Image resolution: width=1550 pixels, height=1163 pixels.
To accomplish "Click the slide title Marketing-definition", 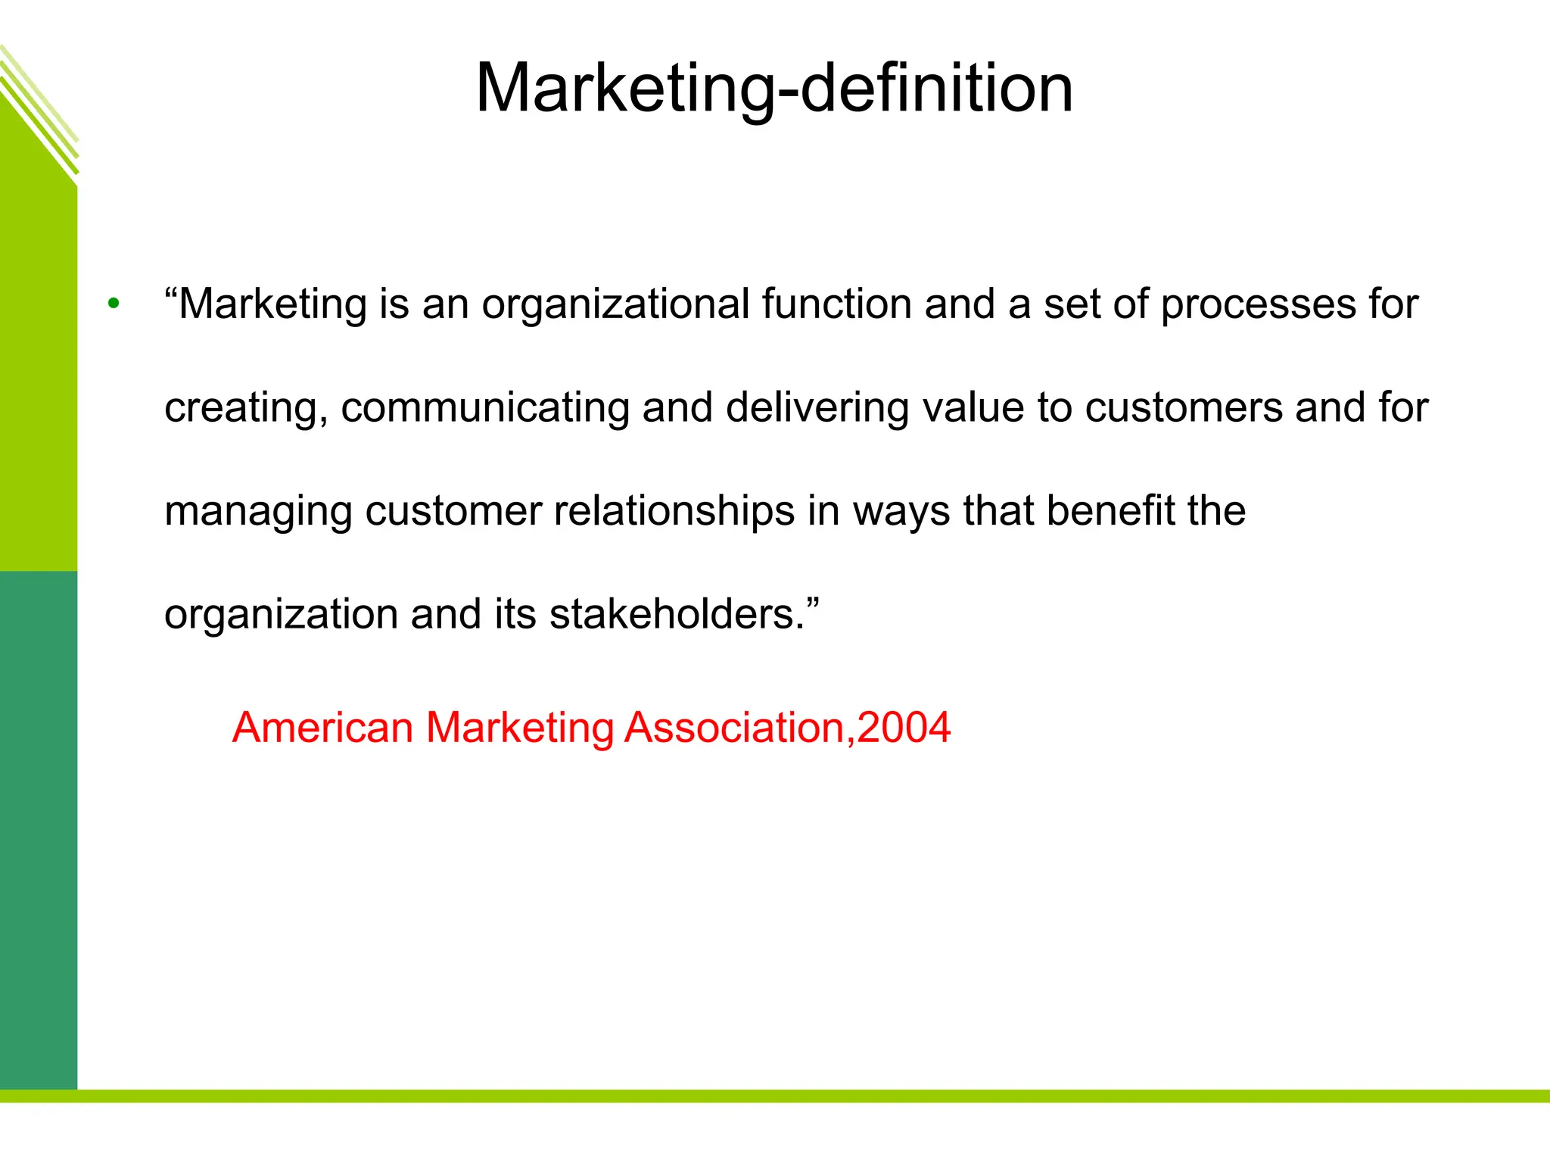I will coord(773,88).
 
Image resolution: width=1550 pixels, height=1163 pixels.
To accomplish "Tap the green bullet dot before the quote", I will coord(114,304).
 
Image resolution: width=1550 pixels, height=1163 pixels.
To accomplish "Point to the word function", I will coord(836,304).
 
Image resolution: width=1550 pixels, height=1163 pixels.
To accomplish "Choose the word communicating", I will coord(484,408).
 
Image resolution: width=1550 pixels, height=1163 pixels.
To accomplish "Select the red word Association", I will coord(734,728).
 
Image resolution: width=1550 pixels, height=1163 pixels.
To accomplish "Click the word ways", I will coord(901,512).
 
